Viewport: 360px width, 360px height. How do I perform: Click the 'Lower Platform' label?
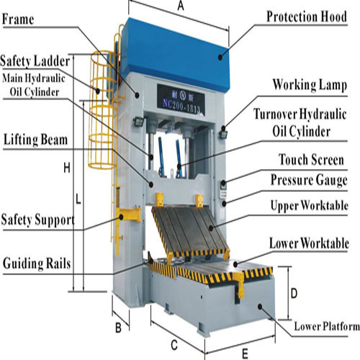click(326, 328)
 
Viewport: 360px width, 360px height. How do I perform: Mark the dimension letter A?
click(180, 6)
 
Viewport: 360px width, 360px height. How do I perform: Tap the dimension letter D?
click(294, 294)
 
